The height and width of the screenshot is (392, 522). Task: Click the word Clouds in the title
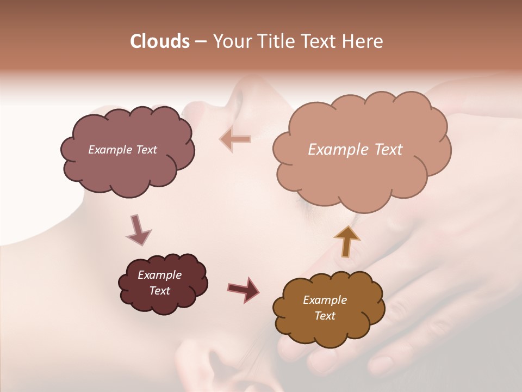[x=159, y=41]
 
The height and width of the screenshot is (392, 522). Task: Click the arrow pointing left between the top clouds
[x=235, y=139]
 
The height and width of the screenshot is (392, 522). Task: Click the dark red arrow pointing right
[x=244, y=289]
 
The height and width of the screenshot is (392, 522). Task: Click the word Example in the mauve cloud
[x=109, y=150]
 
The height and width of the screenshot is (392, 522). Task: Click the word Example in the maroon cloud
[x=160, y=275]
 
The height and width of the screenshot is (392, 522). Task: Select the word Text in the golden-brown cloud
[x=325, y=316]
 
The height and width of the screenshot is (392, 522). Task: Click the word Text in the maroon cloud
[x=160, y=291]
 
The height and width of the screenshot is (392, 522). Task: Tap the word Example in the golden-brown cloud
[x=325, y=300]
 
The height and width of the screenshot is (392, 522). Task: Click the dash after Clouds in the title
[x=200, y=42]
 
